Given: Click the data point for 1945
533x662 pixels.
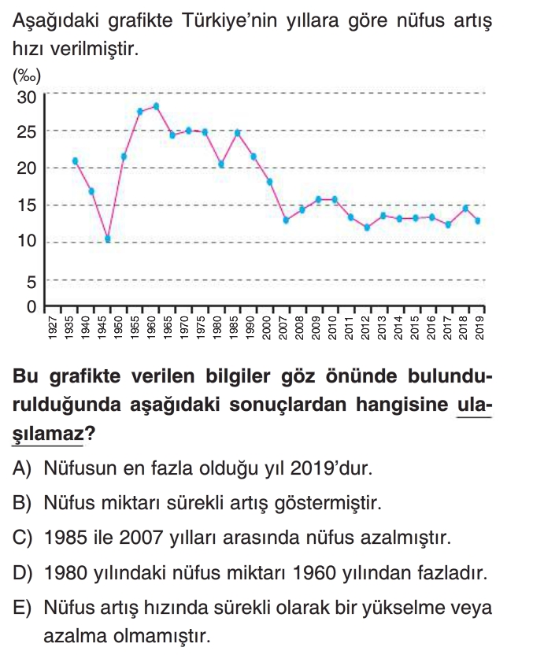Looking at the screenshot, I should point(108,239).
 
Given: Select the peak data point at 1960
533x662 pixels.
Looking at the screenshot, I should point(157,106).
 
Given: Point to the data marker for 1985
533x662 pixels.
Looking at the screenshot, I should point(237,133).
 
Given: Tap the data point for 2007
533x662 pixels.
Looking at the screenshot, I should point(286,220).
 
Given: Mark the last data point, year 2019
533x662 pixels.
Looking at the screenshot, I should point(478,220).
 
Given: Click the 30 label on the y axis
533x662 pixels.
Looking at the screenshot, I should point(27,97).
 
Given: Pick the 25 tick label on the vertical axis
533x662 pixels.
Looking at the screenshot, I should point(27,131).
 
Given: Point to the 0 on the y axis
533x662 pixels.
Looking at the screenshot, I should point(31,306).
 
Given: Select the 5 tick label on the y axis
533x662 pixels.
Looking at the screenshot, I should point(31,280).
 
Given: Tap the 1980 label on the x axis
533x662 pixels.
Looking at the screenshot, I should point(221,327).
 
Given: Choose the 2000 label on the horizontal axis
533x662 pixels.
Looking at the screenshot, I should point(270,327).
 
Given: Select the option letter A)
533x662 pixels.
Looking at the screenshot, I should point(22,469).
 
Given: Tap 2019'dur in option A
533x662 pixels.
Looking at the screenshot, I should point(330,469).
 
